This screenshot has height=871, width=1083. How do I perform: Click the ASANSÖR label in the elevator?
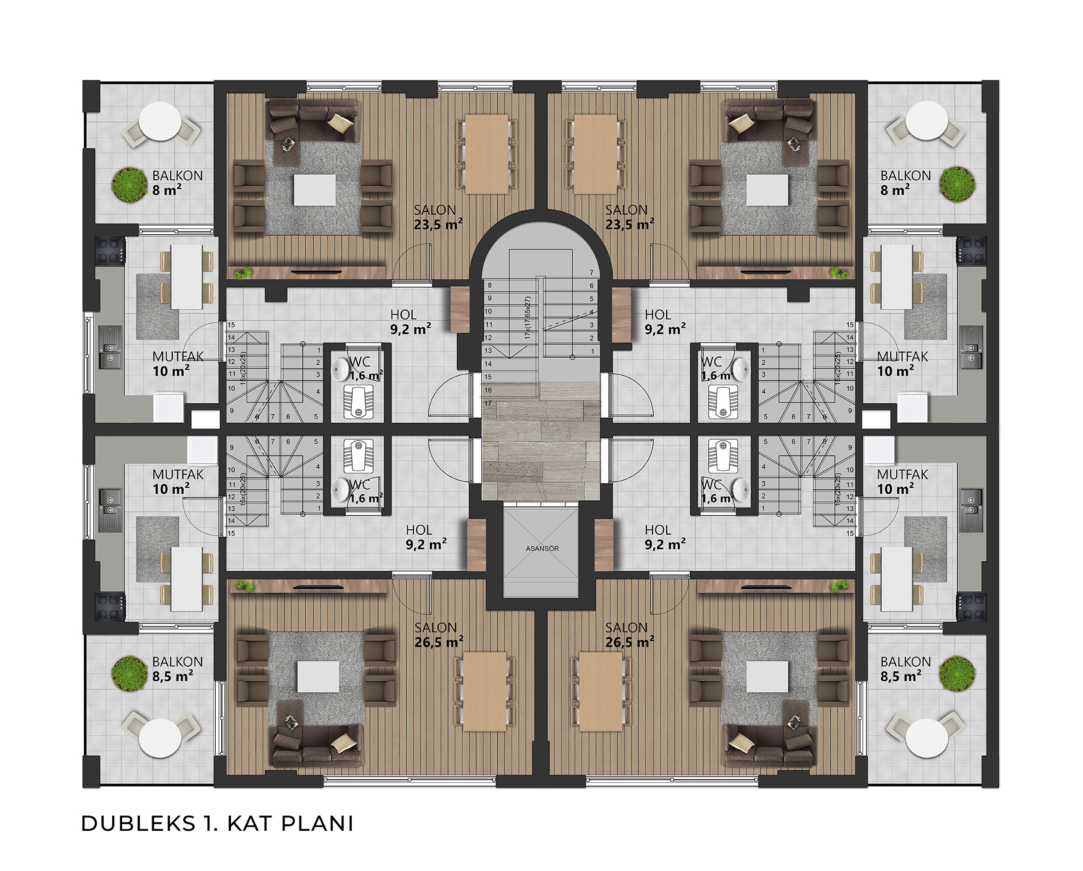(x=542, y=548)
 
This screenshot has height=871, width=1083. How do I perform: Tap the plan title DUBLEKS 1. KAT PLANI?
(x=217, y=824)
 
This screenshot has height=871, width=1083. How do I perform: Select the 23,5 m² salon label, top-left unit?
(x=438, y=224)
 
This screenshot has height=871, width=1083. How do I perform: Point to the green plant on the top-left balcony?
(x=130, y=185)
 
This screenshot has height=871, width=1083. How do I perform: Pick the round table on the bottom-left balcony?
(x=160, y=738)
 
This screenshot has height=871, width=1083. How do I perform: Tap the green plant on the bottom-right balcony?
(x=957, y=673)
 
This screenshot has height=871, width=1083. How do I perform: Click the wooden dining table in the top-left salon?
(x=486, y=154)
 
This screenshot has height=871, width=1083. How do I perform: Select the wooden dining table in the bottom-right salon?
(x=601, y=692)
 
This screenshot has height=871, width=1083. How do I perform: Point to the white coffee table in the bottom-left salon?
(x=318, y=676)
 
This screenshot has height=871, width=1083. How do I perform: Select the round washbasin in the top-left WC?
(x=341, y=369)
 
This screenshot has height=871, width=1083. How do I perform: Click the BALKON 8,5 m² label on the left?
(x=177, y=669)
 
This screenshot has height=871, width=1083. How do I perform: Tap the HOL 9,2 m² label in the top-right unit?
(x=665, y=322)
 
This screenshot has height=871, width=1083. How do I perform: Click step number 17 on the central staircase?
(x=488, y=403)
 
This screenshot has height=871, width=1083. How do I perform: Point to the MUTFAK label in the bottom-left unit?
(x=178, y=474)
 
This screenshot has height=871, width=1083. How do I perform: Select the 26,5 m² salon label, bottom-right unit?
(x=629, y=642)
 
